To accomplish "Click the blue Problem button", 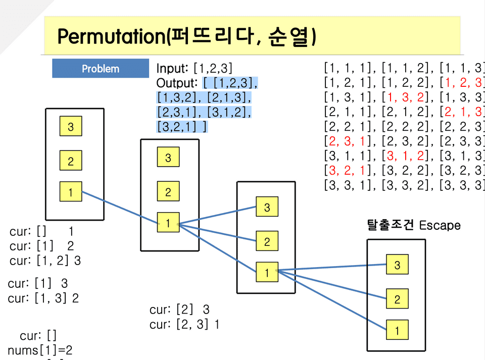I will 101,69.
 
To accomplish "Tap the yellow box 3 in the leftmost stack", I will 71,127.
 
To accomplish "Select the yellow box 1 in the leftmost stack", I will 71,192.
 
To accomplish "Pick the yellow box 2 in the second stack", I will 168,191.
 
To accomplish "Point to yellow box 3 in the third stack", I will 267,207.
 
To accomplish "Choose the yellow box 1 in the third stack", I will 267,273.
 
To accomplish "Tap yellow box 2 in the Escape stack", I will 397,299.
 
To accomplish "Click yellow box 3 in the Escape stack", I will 397,265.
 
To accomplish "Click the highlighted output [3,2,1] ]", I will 181,126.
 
